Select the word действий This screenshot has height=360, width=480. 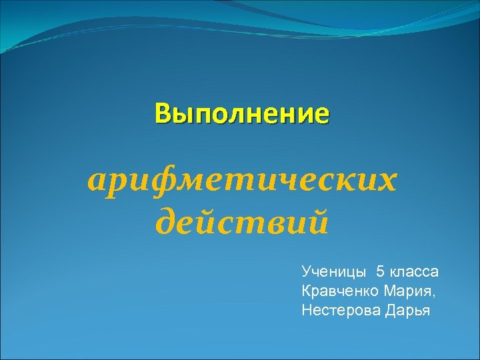[241, 221]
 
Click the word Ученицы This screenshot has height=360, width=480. [334, 271]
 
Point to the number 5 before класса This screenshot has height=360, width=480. [380, 271]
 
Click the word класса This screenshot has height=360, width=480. [415, 271]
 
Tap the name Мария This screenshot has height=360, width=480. [407, 291]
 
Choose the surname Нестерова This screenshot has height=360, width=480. [340, 310]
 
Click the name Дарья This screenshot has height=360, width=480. [407, 310]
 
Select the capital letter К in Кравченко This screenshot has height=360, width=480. [306, 291]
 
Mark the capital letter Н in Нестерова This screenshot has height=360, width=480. [307, 310]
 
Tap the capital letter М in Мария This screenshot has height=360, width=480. [389, 291]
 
